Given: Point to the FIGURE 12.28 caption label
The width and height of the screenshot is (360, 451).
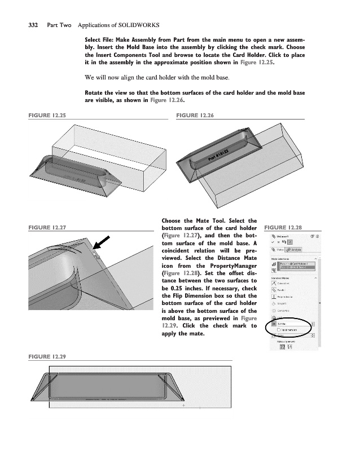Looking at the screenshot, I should (290, 227).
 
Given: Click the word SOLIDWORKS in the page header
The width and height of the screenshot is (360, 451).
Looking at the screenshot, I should (139, 25).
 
